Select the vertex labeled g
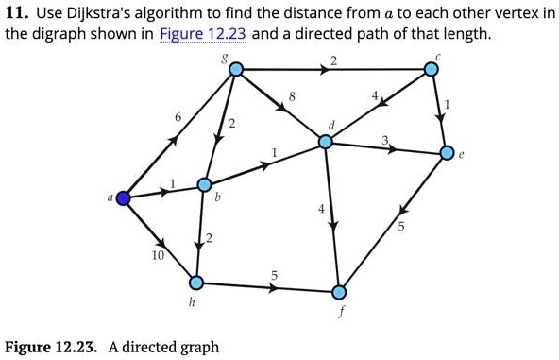click(236, 69)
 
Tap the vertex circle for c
click(431, 69)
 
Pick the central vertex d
click(326, 142)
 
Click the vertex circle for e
click(449, 152)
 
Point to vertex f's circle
click(340, 289)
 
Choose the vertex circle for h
click(196, 282)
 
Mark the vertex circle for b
click(204, 184)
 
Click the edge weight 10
click(157, 255)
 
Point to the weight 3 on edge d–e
click(385, 141)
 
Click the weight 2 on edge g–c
click(334, 61)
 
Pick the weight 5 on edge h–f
click(274, 274)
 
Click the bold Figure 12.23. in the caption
click(51, 347)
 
